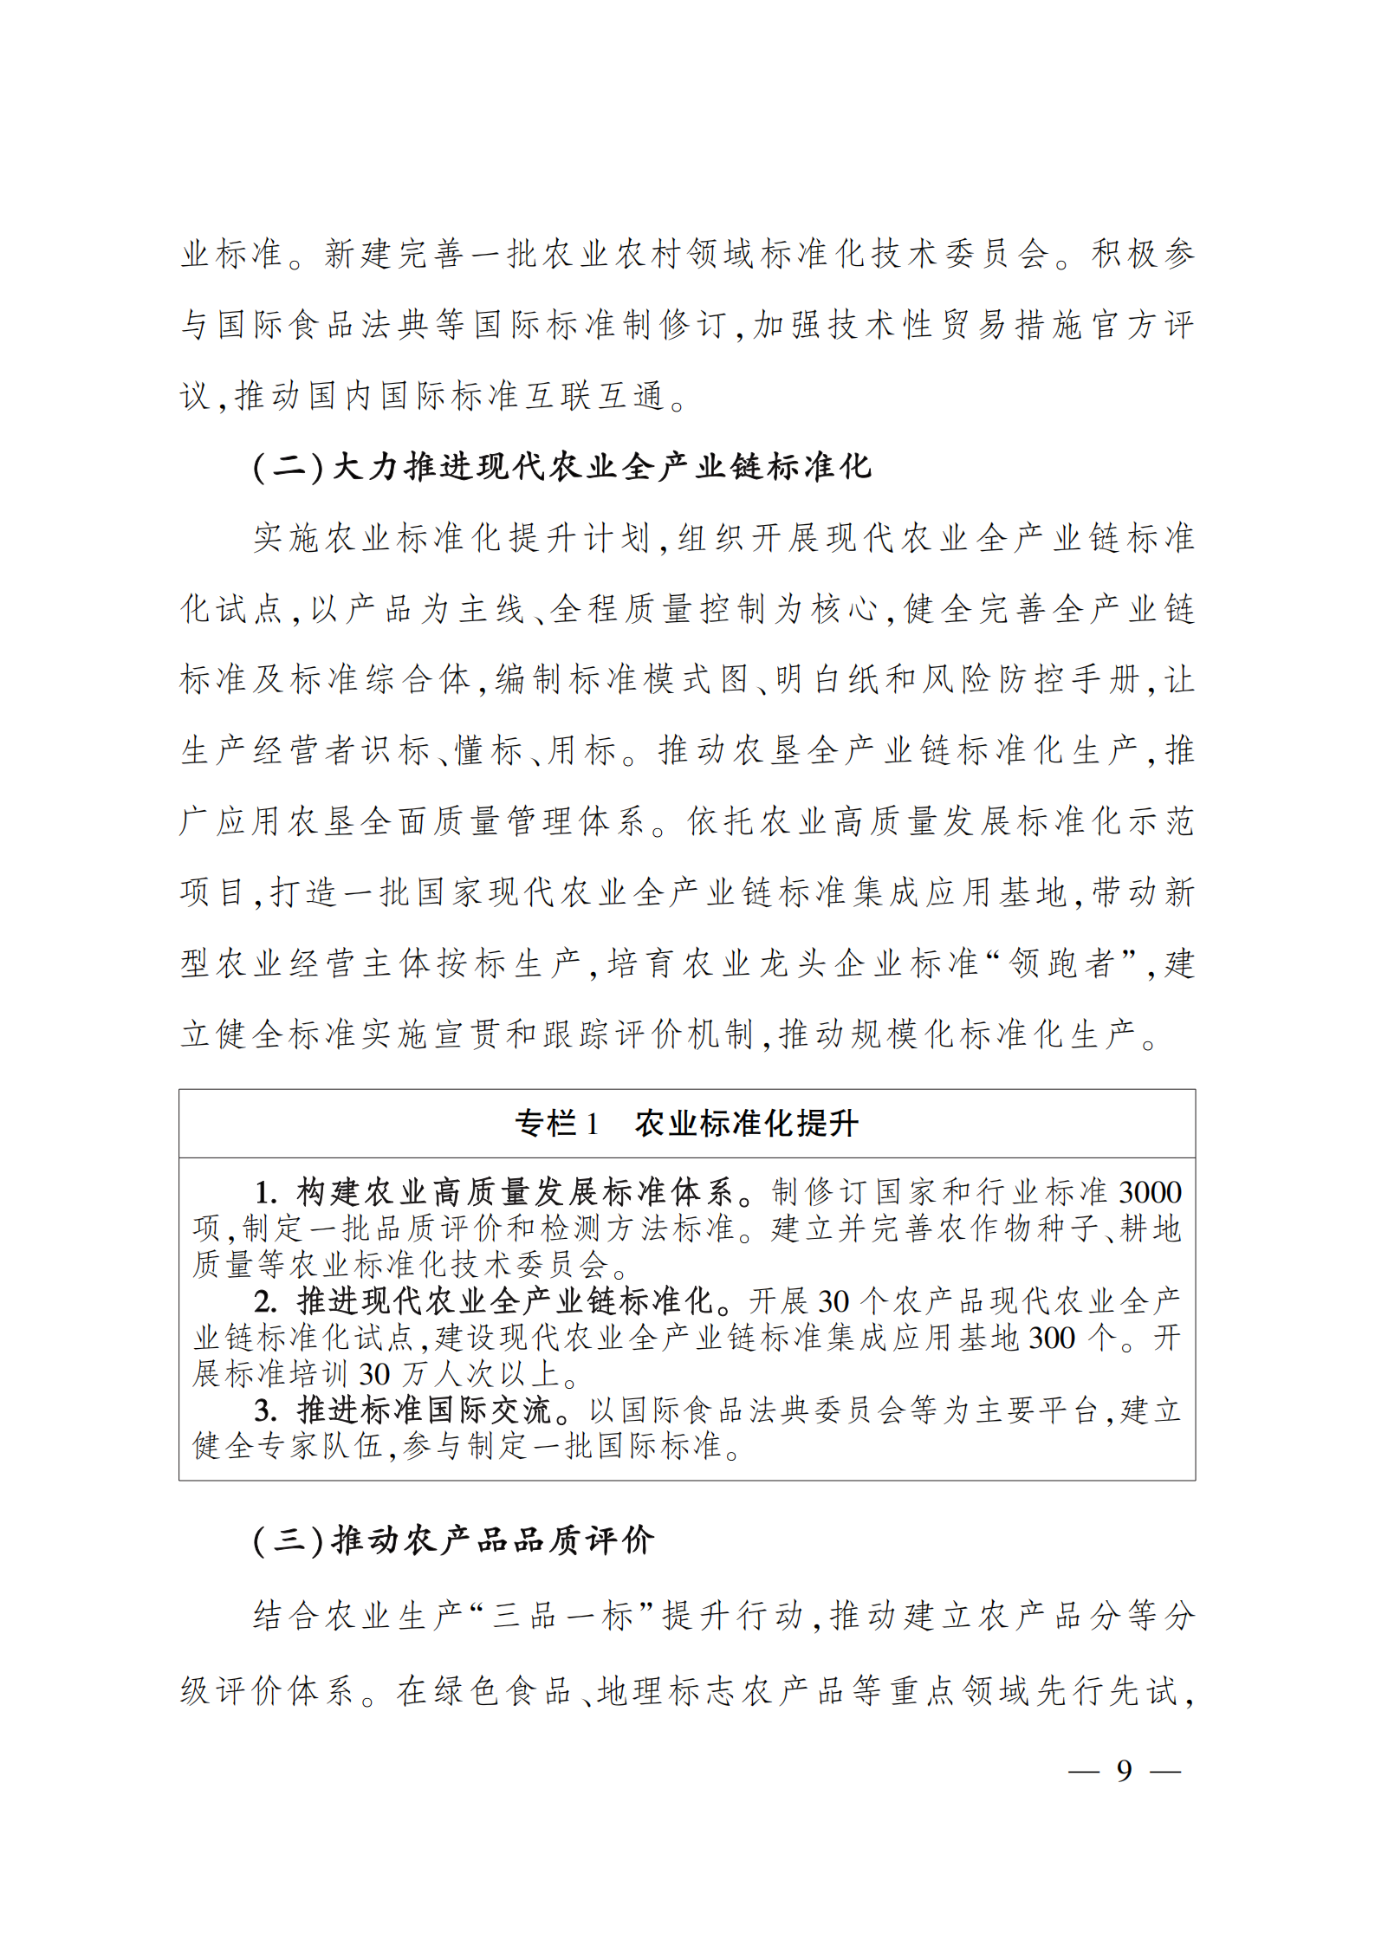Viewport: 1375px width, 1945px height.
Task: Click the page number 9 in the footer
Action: (1124, 1770)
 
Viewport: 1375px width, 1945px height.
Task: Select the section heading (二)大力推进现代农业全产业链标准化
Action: (561, 467)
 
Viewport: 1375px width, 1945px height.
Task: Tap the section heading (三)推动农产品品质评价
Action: (453, 1564)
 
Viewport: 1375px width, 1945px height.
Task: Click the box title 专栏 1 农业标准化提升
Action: (686, 1124)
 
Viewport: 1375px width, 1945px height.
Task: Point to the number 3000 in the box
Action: (1150, 1193)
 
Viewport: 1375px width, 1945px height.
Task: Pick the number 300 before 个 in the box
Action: (1051, 1339)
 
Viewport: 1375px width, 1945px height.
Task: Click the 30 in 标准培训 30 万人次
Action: (374, 1375)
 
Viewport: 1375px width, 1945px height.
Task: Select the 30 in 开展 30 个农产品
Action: (833, 1302)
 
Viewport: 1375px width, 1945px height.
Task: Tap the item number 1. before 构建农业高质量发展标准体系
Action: (265, 1193)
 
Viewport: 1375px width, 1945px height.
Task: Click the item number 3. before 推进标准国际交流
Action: (265, 1411)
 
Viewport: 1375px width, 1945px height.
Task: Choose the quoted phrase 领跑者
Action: (1061, 963)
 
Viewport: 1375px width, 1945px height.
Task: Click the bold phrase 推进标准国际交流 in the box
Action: (424, 1411)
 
